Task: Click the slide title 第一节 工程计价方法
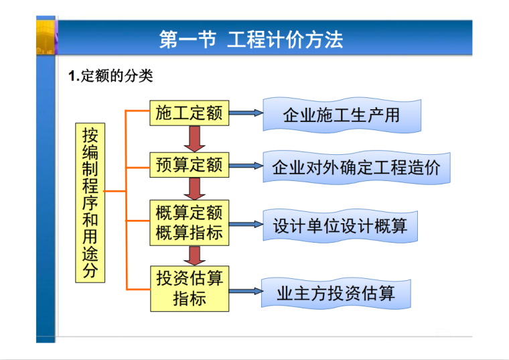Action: click(x=251, y=39)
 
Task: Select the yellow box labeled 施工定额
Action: click(x=189, y=113)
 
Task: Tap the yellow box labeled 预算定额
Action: click(x=189, y=165)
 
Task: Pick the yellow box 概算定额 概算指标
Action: click(x=189, y=223)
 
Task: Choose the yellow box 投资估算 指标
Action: click(x=189, y=288)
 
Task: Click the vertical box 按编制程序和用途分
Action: click(x=90, y=202)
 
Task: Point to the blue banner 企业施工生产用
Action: click(x=341, y=115)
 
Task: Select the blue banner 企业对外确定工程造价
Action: click(x=356, y=168)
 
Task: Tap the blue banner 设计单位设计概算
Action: click(x=340, y=226)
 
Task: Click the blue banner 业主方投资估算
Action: click(x=335, y=293)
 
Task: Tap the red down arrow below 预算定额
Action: click(x=195, y=189)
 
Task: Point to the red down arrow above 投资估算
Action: click(x=195, y=255)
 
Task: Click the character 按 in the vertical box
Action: click(x=90, y=135)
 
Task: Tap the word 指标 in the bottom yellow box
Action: click(x=189, y=298)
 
